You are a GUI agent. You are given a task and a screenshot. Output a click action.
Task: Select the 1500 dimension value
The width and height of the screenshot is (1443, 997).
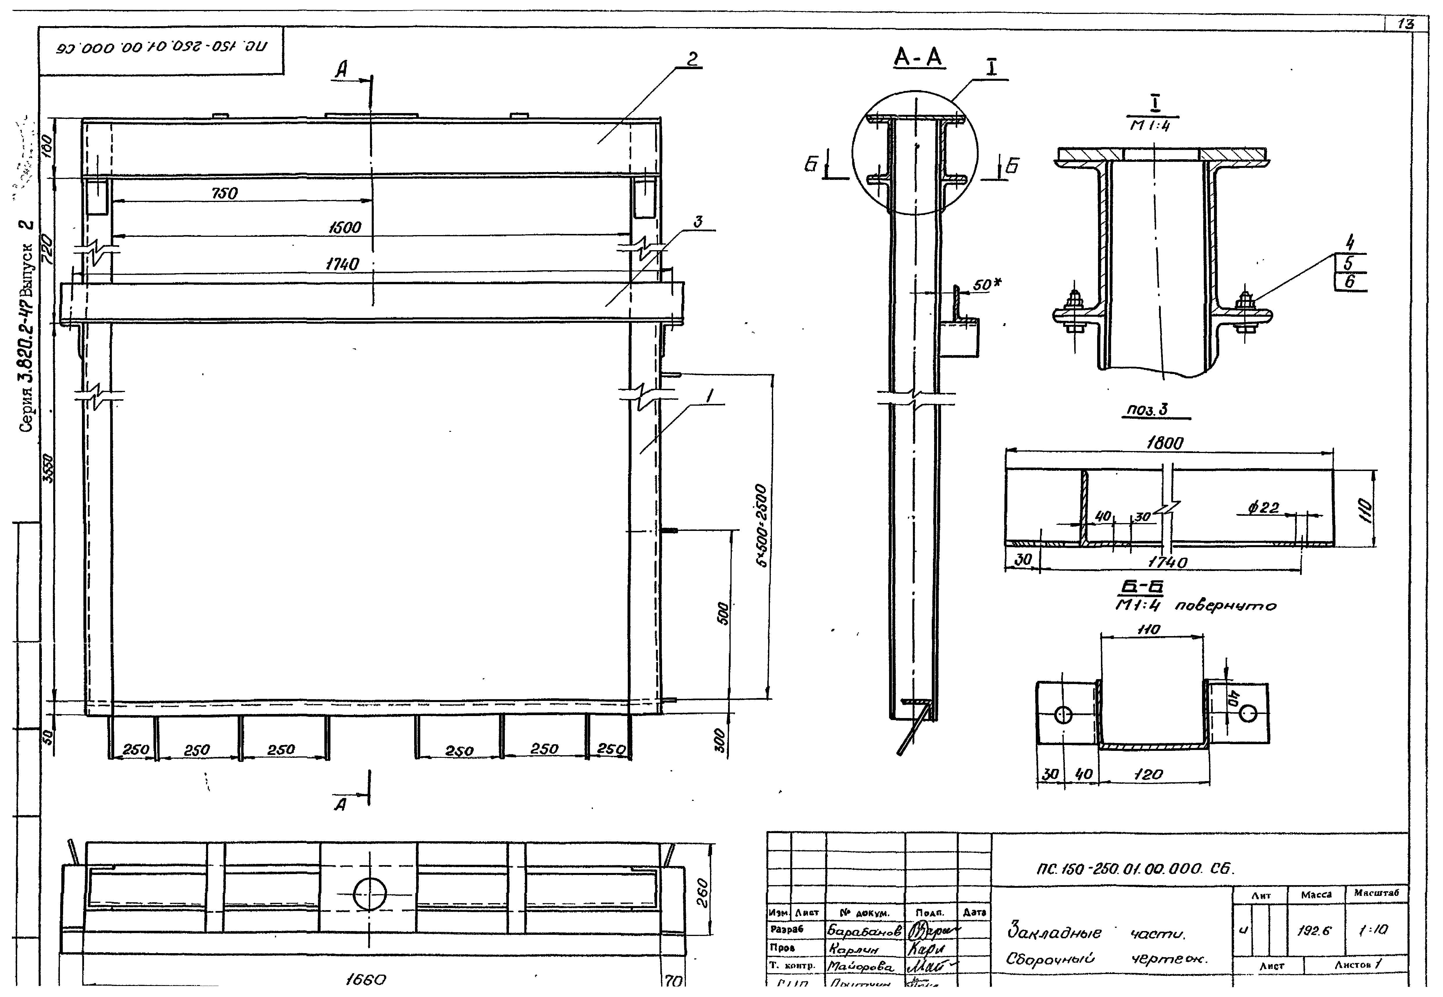pos(345,228)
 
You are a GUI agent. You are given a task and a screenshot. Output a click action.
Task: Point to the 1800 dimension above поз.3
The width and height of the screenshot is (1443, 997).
pos(1164,443)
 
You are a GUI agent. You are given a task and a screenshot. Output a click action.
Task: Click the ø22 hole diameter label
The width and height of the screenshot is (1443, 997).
pos(1263,508)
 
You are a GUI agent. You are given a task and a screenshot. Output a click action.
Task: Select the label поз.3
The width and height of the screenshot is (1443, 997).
pos(1146,410)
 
